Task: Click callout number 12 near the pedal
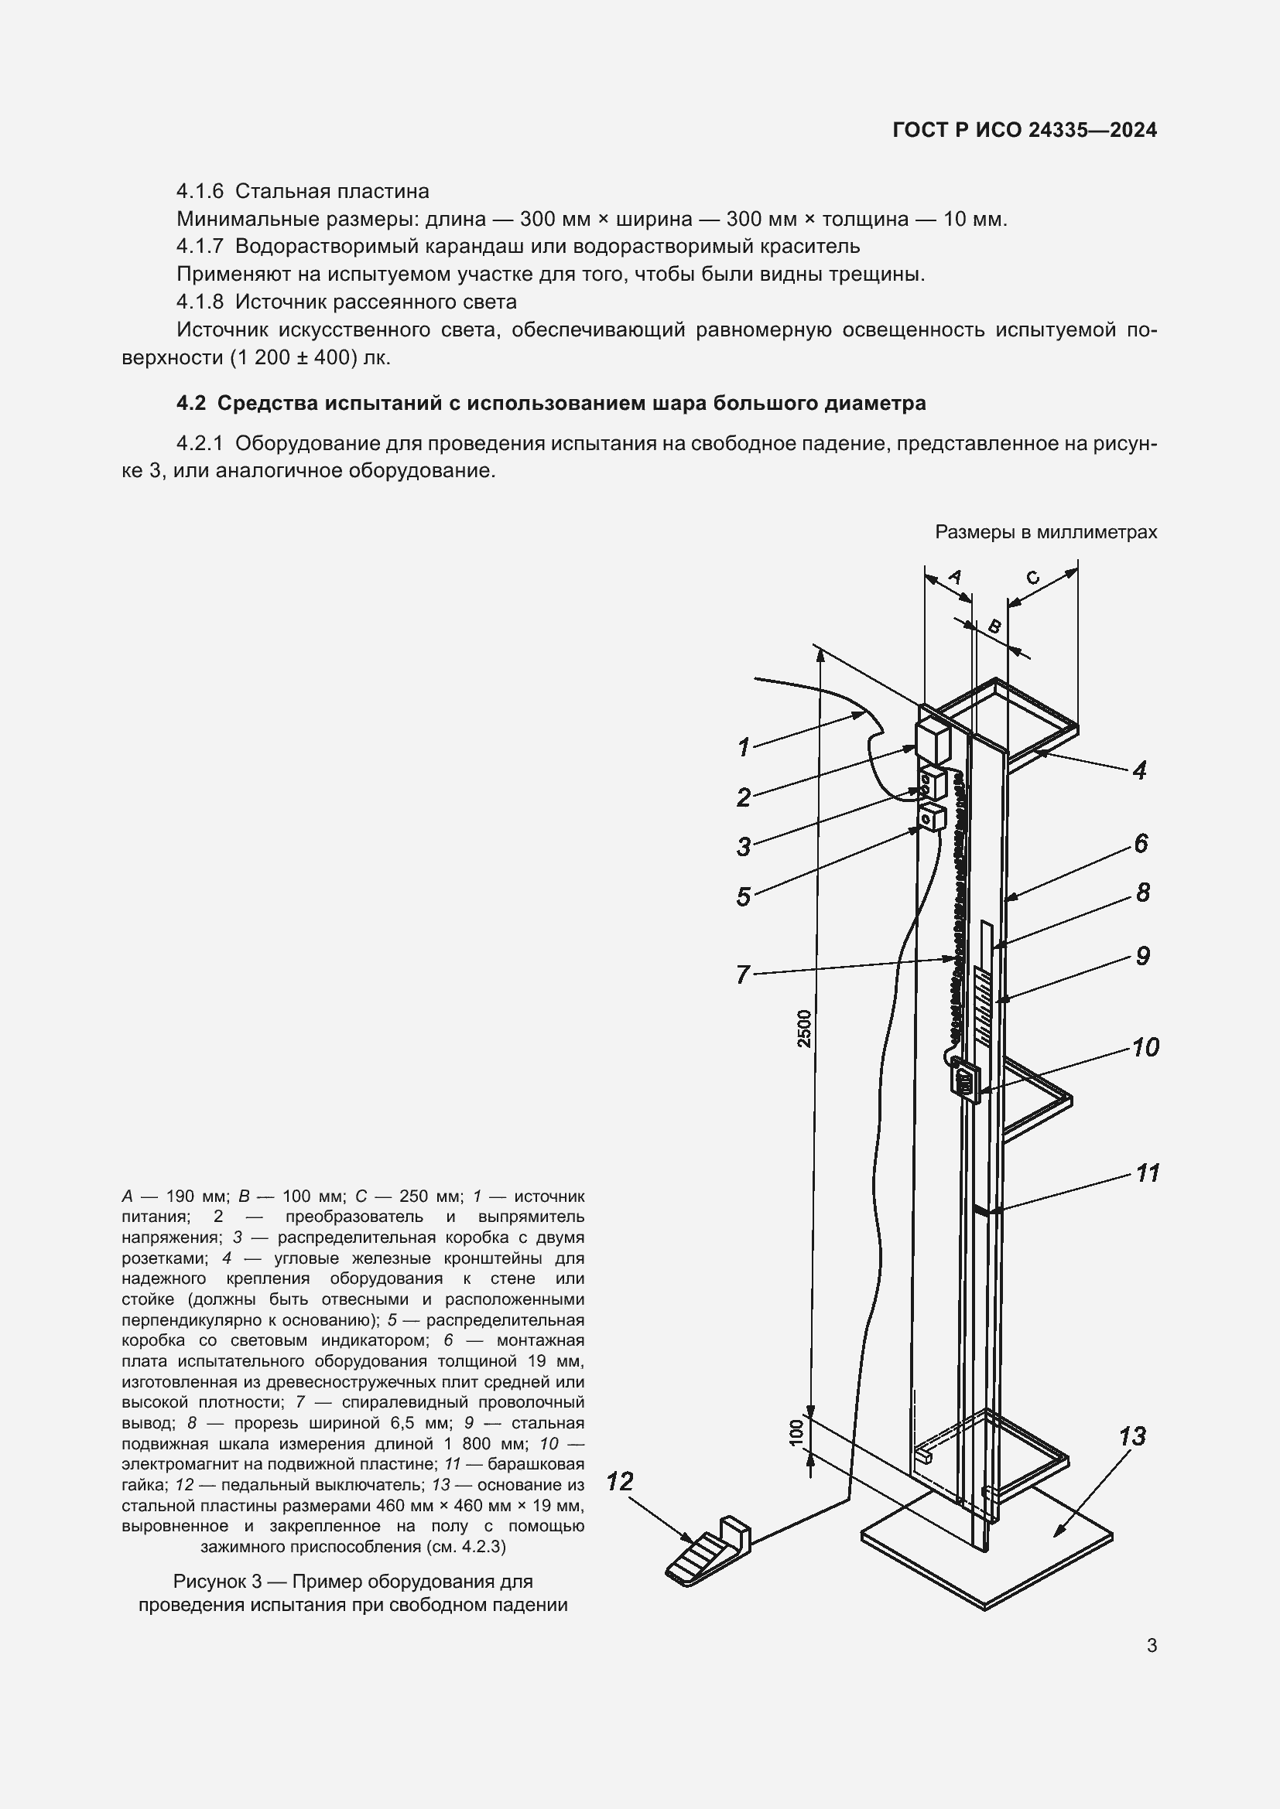click(x=620, y=1483)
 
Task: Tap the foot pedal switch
click(x=707, y=1553)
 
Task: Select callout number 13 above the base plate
click(x=1132, y=1436)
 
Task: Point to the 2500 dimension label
click(x=804, y=1028)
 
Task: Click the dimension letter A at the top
click(x=954, y=577)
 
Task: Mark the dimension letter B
click(x=994, y=627)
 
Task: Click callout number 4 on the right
click(x=1139, y=770)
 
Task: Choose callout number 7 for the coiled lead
click(x=741, y=975)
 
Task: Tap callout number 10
click(x=1145, y=1047)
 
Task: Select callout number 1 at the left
click(x=742, y=747)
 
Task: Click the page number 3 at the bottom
click(x=1152, y=1645)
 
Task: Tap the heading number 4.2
click(x=190, y=404)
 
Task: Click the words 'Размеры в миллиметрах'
click(x=1046, y=532)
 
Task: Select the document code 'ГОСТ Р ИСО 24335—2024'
click(x=1025, y=130)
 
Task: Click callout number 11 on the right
click(x=1148, y=1173)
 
